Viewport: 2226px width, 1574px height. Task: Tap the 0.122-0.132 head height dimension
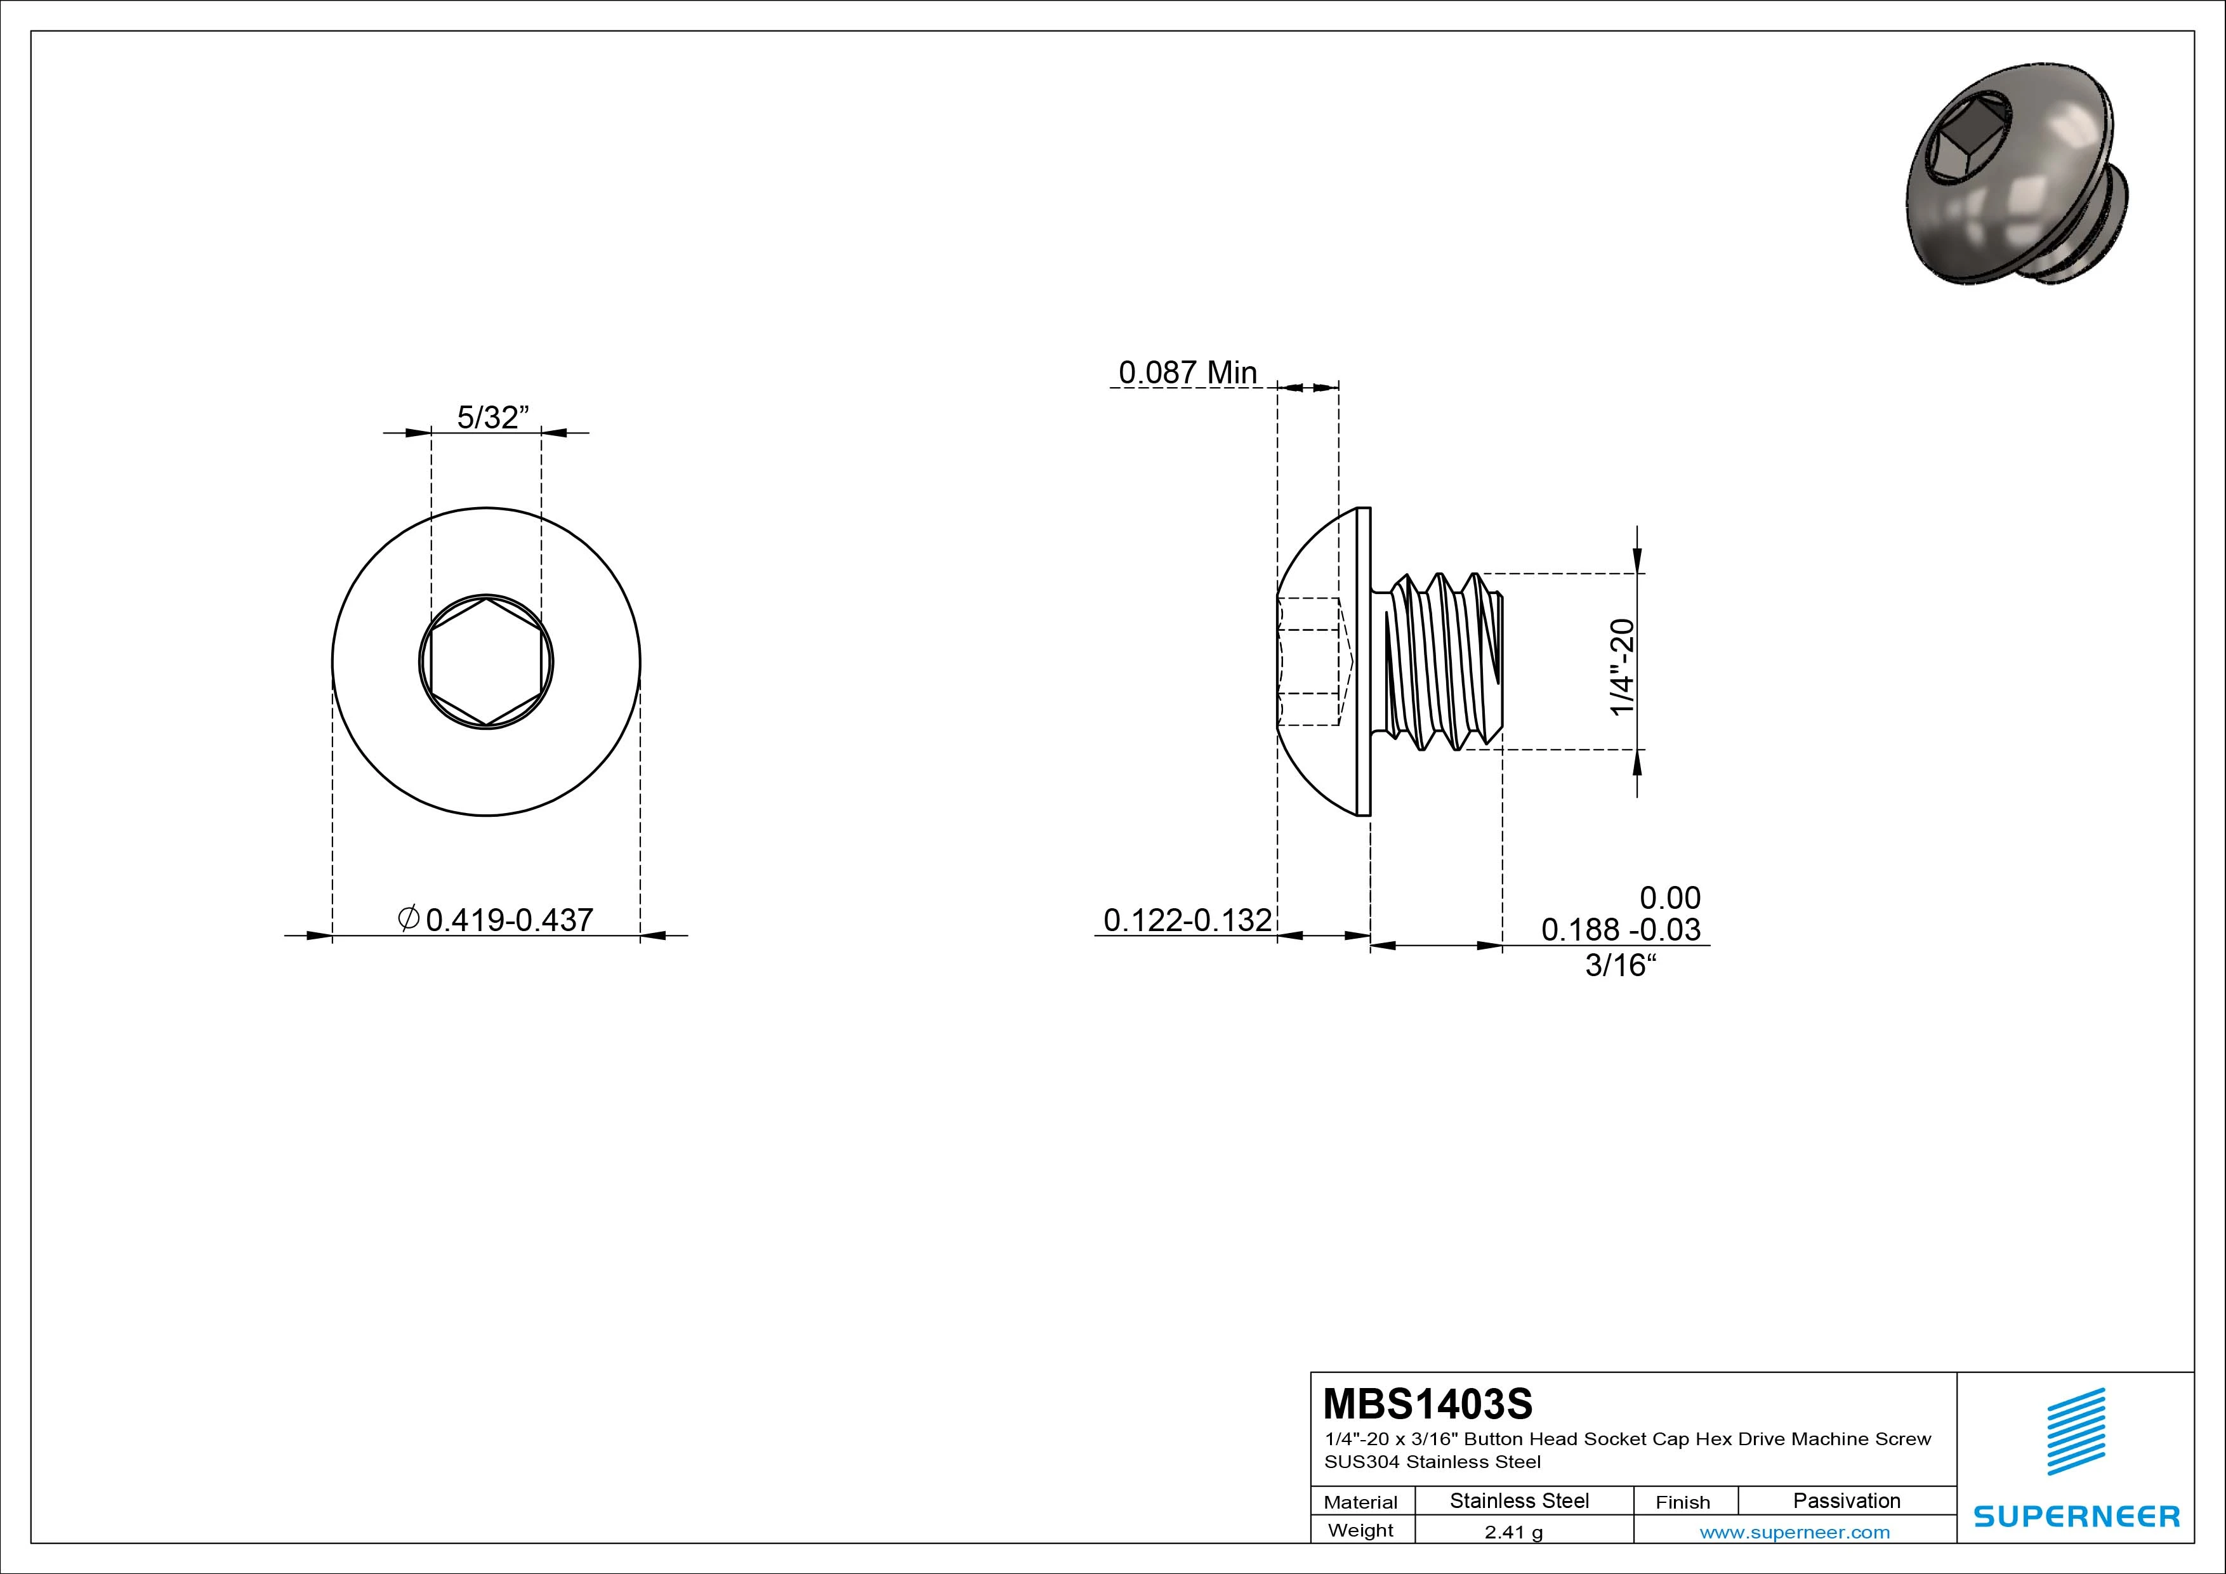point(1188,920)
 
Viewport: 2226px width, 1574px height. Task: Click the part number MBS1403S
point(1428,1403)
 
